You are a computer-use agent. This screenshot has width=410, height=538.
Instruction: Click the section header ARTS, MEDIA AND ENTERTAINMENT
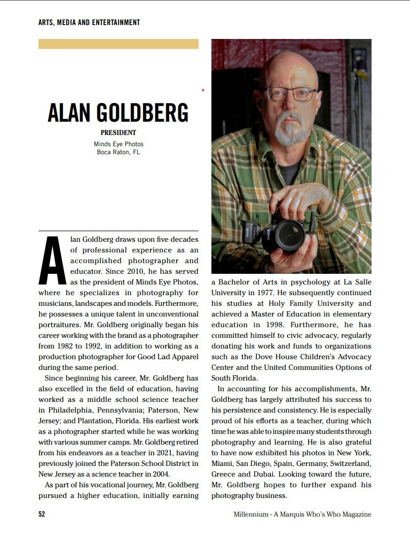(89, 22)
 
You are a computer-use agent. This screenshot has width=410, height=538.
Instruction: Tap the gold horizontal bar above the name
(118, 44)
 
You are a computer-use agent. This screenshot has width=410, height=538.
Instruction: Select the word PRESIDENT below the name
(119, 133)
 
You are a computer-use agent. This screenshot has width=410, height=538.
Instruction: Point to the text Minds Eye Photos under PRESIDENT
(119, 144)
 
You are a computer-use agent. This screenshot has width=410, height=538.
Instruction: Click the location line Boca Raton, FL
(119, 152)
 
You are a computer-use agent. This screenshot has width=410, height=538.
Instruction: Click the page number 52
(42, 515)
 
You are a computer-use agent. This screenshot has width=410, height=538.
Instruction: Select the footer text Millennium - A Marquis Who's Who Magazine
(302, 515)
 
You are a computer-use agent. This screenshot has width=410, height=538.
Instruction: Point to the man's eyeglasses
(291, 94)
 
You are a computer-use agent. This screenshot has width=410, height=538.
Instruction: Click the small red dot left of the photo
(203, 90)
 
